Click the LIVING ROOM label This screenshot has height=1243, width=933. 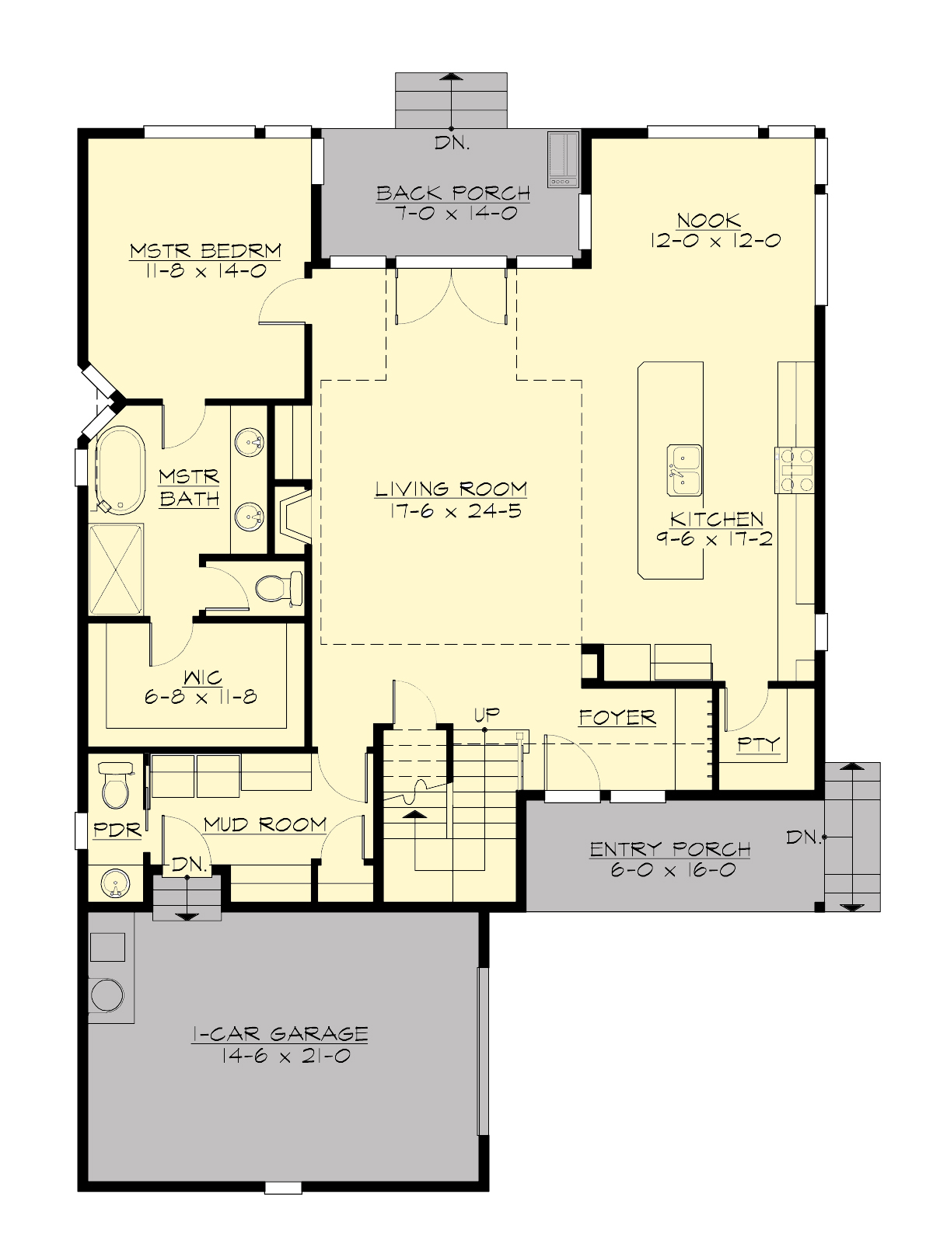tap(451, 489)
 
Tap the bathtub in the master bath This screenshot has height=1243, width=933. tap(121, 469)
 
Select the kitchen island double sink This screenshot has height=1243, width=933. tap(683, 470)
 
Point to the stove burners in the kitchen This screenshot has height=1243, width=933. tap(795, 470)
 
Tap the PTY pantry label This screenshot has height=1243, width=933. tap(758, 744)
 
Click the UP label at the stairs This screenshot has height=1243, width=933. tap(487, 714)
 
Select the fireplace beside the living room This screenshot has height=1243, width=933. tap(294, 519)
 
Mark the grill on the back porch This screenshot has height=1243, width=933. tap(563, 158)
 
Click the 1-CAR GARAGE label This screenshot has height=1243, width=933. tap(280, 1034)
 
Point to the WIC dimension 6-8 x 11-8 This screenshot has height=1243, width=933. tap(201, 697)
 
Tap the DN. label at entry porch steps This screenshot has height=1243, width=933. tap(803, 837)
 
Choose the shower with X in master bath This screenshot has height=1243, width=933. tap(117, 570)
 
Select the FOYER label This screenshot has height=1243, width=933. tap(617, 718)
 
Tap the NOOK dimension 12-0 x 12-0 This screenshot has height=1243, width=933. tap(715, 241)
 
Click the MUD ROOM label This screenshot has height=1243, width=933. tap(265, 824)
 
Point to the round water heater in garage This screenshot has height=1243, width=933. tap(107, 995)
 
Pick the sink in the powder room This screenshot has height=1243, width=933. tap(115, 884)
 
